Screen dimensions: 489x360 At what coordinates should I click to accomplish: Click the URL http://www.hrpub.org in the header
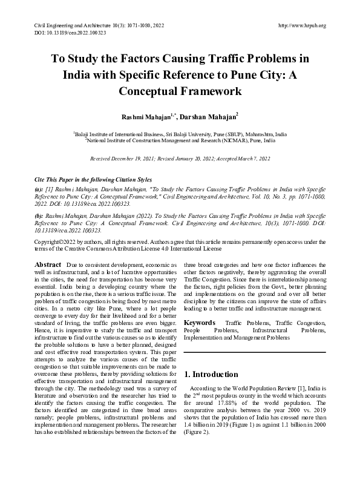coord(301,25)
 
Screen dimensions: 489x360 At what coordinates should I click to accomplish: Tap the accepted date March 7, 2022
coord(249,158)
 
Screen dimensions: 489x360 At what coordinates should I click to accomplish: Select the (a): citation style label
coord(38,189)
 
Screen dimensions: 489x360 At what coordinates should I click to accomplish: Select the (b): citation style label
coord(38,215)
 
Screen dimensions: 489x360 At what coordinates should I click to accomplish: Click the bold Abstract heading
coord(48,265)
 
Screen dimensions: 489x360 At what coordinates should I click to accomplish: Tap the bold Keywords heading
coord(199,324)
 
